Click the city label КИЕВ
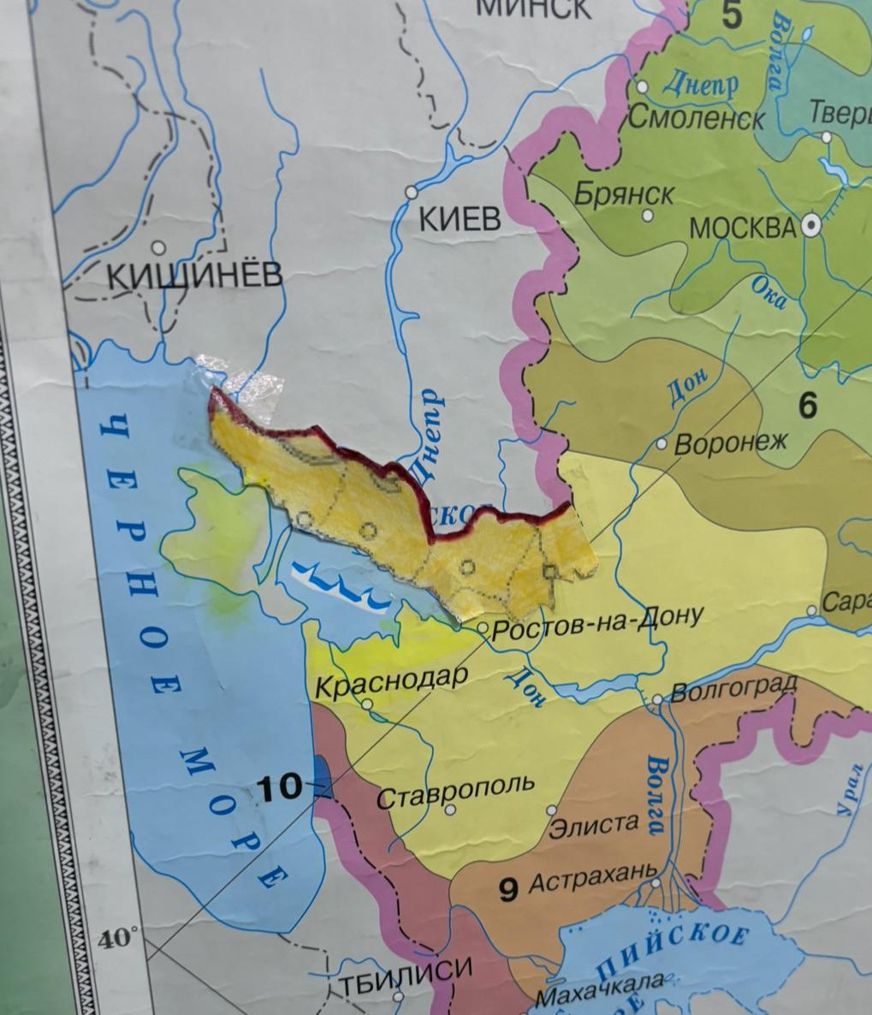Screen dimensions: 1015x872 pos(460,220)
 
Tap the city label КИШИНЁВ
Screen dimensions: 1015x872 pos(194,276)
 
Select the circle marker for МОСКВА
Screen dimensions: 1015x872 pos(811,226)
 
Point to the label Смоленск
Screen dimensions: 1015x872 pos(695,117)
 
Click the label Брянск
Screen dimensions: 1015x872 pos(624,193)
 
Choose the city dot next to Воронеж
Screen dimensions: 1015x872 pos(661,444)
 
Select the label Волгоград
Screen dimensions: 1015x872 pos(733,687)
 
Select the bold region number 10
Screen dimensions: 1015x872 pos(281,786)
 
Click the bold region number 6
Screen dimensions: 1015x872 pos(807,405)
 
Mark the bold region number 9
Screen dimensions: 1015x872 pos(508,891)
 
